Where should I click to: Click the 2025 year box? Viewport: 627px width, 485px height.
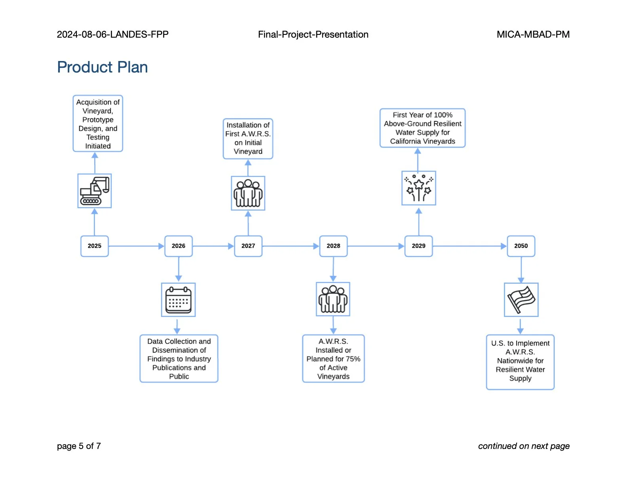[x=94, y=246]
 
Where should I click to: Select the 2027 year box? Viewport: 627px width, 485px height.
[x=248, y=246]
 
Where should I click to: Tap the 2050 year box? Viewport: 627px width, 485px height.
[x=521, y=246]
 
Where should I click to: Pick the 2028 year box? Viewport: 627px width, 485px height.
[x=333, y=246]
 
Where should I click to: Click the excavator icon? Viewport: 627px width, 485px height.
[x=95, y=191]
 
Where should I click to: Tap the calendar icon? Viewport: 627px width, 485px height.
[x=178, y=300]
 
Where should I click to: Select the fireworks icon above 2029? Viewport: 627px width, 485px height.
[x=419, y=188]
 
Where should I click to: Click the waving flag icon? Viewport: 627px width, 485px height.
[x=521, y=300]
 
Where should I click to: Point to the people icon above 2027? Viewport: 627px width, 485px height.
[x=248, y=193]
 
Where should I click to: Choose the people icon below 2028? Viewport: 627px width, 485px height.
[x=333, y=299]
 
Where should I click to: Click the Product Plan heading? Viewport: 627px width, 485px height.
[x=103, y=67]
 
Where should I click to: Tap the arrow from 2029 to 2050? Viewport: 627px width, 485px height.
[x=469, y=246]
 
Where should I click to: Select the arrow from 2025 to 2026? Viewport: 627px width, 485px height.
[x=136, y=246]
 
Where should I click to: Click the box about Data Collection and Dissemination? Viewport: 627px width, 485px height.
[x=179, y=359]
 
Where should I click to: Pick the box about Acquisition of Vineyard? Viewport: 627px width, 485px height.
[x=98, y=124]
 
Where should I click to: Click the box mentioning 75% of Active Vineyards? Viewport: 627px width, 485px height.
[x=333, y=359]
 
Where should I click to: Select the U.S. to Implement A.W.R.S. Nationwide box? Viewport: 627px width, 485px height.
[x=520, y=362]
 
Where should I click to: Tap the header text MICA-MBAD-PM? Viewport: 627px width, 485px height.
[x=533, y=34]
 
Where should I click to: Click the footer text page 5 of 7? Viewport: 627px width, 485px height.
[x=79, y=446]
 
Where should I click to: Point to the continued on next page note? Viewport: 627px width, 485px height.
[x=524, y=446]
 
